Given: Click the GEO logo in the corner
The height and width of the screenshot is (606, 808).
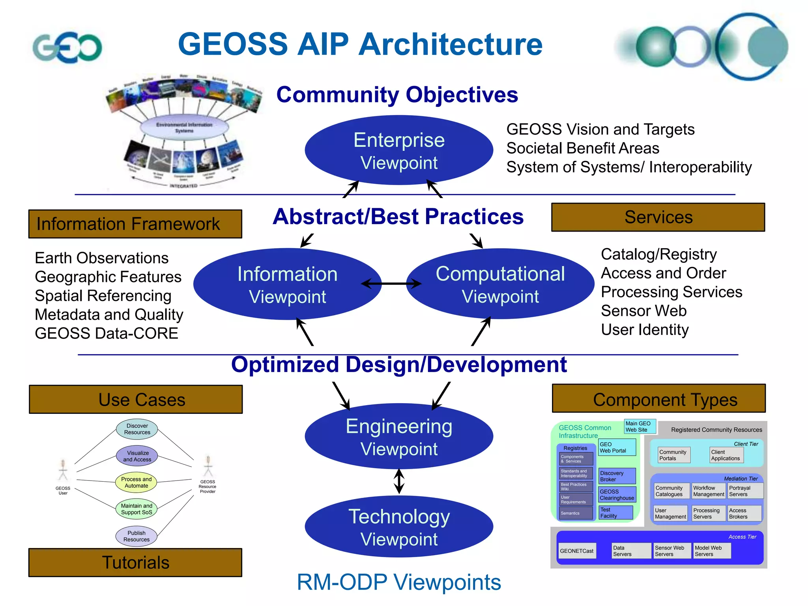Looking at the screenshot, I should pos(67,47).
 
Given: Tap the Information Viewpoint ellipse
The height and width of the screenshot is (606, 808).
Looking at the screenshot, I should pos(287,284).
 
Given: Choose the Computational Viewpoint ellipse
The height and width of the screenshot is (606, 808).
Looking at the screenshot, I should pos(500,284).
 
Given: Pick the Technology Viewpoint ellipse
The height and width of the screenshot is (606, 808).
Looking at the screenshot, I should pos(398,527).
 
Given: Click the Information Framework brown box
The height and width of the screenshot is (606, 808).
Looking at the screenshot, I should pos(135,224).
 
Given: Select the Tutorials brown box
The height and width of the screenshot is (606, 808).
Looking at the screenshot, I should pos(135,563).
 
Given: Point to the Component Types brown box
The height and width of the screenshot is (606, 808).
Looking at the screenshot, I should pos(658,399).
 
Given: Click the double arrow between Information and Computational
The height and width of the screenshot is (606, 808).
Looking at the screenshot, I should pos(391,283).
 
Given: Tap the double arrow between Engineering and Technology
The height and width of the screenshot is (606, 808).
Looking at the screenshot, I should pos(399,481).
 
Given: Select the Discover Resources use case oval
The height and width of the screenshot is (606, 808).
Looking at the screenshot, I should pos(137,429).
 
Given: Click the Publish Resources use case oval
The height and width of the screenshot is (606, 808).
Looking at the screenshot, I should pos(137,536).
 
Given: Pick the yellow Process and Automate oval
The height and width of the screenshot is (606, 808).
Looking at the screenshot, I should pos(136,483).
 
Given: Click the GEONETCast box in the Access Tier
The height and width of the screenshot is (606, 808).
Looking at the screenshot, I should pos(576,551).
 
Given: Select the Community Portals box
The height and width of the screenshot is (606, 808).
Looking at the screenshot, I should pos(674,455).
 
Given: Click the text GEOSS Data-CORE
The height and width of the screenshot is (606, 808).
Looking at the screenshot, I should pos(107,334).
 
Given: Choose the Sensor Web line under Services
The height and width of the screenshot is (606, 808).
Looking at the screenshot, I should pos(643,311).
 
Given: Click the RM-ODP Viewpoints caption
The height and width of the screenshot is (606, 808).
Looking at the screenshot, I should pos(398,582).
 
